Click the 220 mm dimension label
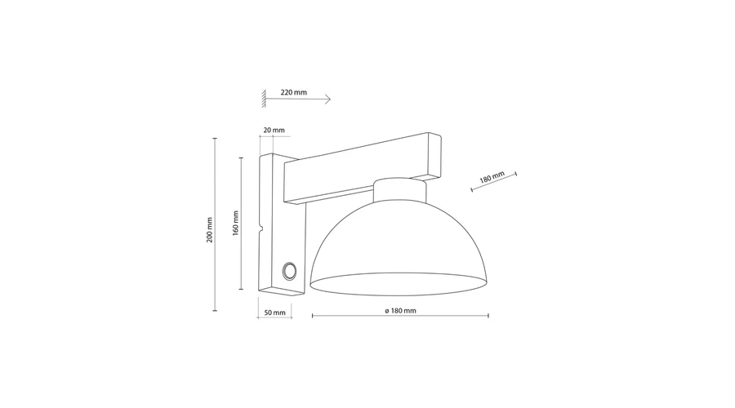pyautogui.click(x=293, y=92)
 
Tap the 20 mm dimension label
pyautogui.click(x=274, y=131)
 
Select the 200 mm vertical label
pyautogui.click(x=210, y=230)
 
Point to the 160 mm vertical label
pyautogui.click(x=236, y=223)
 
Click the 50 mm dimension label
pyautogui.click(x=274, y=313)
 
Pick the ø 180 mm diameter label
pyautogui.click(x=400, y=311)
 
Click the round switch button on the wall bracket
pyautogui.click(x=289, y=271)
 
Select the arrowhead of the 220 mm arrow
pyautogui.click(x=327, y=99)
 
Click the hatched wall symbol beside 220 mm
pyautogui.click(x=264, y=99)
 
